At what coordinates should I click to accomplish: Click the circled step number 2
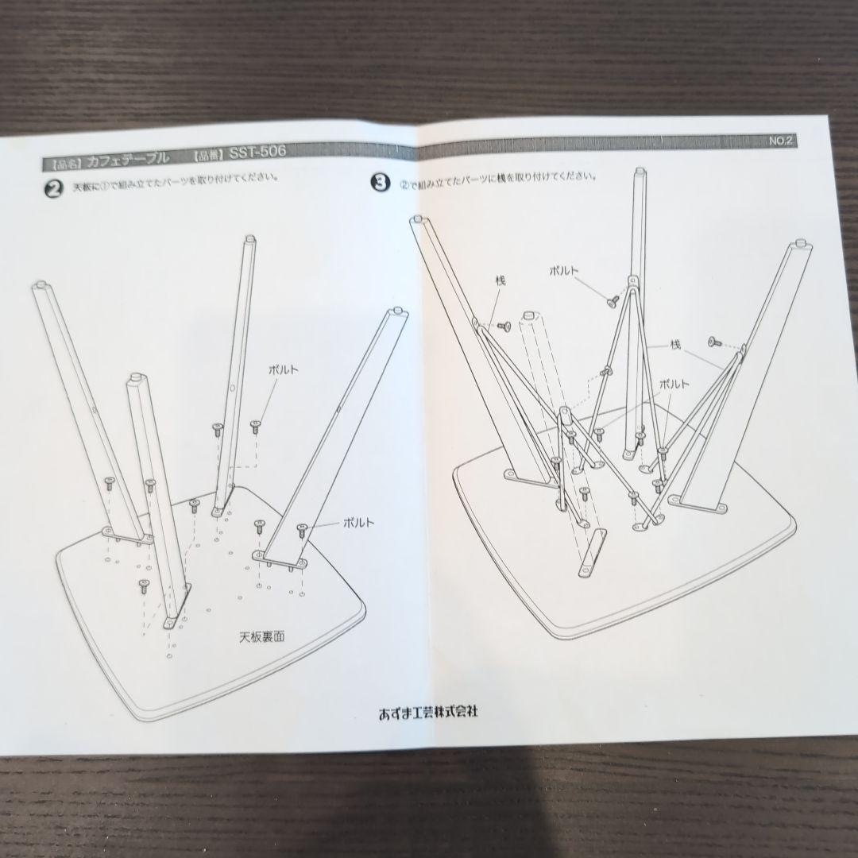53,191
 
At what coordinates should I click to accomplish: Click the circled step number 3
381,183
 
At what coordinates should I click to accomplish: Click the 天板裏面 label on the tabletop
262,636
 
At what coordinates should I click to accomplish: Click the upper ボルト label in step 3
567,271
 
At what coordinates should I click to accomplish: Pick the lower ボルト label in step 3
674,383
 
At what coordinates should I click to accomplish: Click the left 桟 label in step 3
500,280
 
